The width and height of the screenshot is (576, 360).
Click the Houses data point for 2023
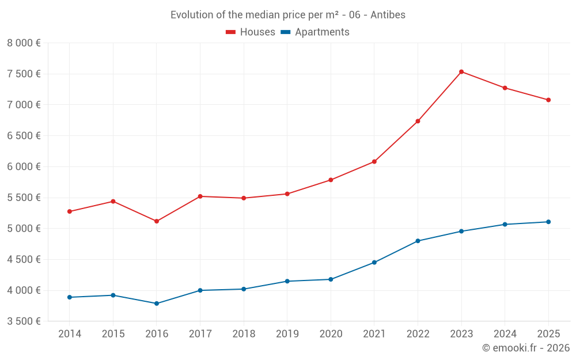pyautogui.click(x=461, y=72)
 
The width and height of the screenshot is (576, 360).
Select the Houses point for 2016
pyautogui.click(x=157, y=221)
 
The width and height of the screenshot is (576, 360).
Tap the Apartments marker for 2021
pyautogui.click(x=374, y=263)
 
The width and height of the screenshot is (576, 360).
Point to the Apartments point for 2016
pyautogui.click(x=157, y=304)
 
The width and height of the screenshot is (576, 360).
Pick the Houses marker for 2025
pyautogui.click(x=548, y=100)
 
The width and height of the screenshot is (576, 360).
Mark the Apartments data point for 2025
pyautogui.click(x=548, y=222)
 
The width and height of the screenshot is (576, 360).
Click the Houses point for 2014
pyautogui.click(x=70, y=211)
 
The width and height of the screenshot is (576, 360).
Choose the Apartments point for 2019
pyautogui.click(x=287, y=281)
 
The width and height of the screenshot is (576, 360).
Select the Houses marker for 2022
pyautogui.click(x=418, y=122)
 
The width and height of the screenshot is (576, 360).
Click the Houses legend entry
pyautogui.click(x=251, y=32)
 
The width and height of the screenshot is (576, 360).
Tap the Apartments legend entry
pyautogui.click(x=315, y=32)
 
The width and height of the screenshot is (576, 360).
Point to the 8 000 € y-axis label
pyautogui.click(x=24, y=43)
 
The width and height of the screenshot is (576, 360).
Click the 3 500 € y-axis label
pyautogui.click(x=24, y=321)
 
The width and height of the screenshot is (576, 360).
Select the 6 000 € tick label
pyautogui.click(x=24, y=166)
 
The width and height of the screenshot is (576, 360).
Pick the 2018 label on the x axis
pyautogui.click(x=244, y=334)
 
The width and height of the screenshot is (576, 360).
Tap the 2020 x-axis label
pyautogui.click(x=331, y=334)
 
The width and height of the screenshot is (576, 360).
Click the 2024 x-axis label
pyautogui.click(x=505, y=334)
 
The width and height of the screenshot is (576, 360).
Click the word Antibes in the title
pyautogui.click(x=388, y=15)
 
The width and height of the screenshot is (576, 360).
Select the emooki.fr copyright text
pyautogui.click(x=526, y=348)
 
